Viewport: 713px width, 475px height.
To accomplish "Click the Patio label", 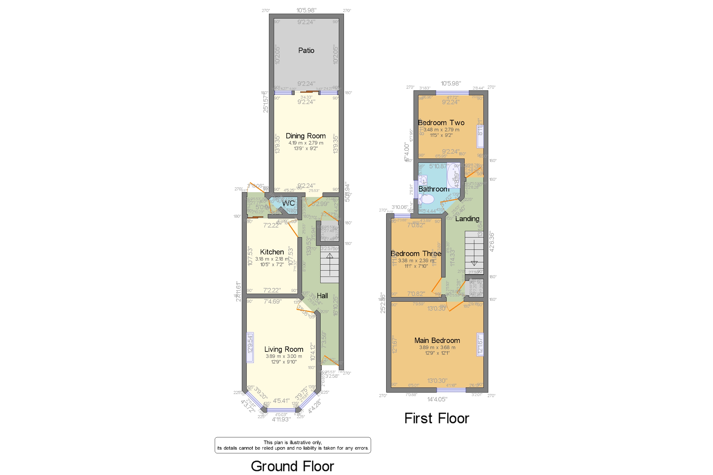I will tap(306, 50).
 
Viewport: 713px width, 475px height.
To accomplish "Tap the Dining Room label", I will tap(305, 136).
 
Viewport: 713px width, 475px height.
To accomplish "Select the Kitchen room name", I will tap(272, 252).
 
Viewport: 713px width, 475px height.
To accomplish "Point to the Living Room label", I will tap(283, 349).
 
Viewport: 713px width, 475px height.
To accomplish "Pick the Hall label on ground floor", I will tap(322, 296).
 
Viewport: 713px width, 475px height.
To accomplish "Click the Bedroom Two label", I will tap(441, 123).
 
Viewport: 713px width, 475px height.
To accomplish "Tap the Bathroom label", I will tap(434, 189).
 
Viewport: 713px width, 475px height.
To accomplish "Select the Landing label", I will tap(467, 219).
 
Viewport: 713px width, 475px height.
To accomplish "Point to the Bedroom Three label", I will tap(416, 253).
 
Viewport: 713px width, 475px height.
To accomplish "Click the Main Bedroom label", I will tap(437, 340).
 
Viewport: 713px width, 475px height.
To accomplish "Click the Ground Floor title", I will tap(292, 466).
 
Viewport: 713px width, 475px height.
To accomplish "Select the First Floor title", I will tap(437, 418).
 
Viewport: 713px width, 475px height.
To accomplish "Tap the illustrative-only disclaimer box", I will tap(293, 445).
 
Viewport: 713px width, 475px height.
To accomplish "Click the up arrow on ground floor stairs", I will tap(330, 256).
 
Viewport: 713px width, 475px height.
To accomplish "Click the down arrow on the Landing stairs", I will tap(474, 263).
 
